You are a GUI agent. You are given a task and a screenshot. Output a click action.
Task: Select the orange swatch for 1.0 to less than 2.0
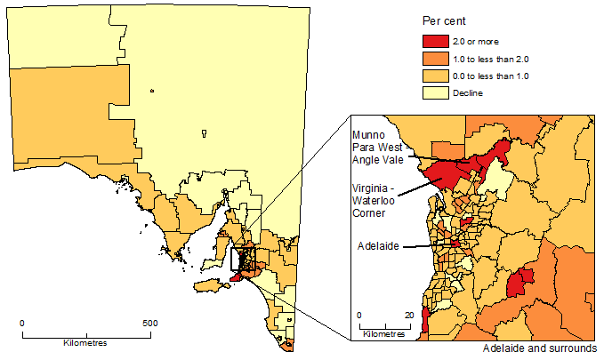(x=434, y=59)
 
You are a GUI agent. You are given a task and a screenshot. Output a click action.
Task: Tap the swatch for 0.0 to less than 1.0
(x=434, y=76)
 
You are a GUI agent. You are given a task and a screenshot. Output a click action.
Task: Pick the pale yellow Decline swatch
(x=434, y=92)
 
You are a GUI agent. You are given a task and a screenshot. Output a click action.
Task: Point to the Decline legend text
(x=469, y=92)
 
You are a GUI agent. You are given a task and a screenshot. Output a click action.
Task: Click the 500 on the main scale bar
(x=150, y=324)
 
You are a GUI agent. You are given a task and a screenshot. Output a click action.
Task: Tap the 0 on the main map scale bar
(x=22, y=324)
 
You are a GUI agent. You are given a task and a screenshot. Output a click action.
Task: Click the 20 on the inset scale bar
(x=409, y=316)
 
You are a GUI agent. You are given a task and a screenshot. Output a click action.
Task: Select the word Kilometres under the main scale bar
(x=85, y=342)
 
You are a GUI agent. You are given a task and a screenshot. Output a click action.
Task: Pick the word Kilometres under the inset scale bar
(x=384, y=334)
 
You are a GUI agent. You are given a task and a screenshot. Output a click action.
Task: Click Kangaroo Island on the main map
(x=208, y=285)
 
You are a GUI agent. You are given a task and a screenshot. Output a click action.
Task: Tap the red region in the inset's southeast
(x=519, y=284)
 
